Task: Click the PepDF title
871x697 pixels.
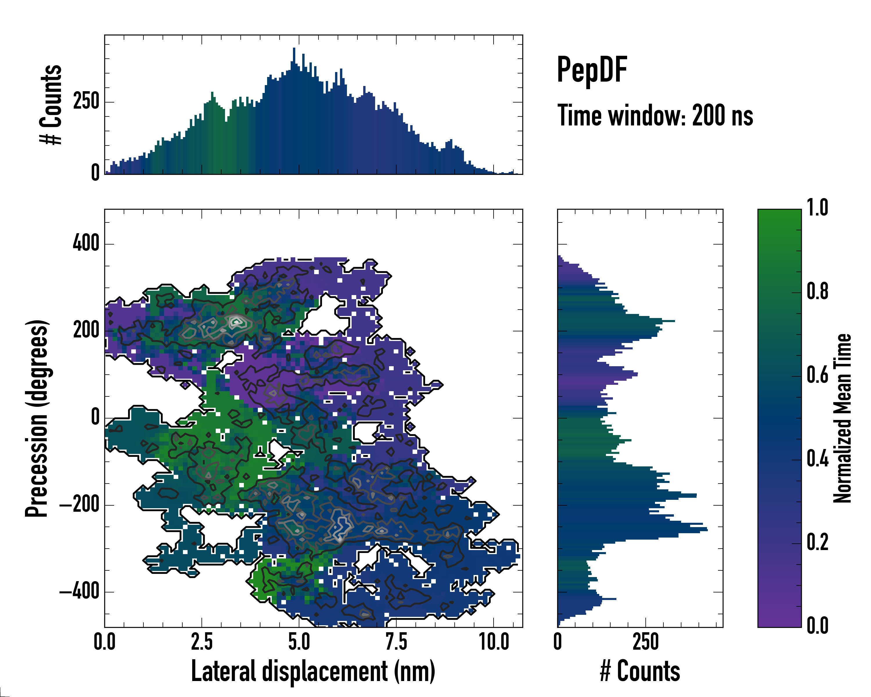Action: pyautogui.click(x=592, y=70)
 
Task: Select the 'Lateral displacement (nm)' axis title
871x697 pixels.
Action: pyautogui.click(x=313, y=671)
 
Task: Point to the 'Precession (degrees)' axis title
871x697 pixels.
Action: pyautogui.click(x=37, y=418)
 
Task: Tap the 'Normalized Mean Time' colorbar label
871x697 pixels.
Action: pyautogui.click(x=842, y=418)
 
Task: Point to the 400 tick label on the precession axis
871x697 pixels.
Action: pyautogui.click(x=86, y=244)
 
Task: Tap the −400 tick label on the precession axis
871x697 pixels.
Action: pyautogui.click(x=79, y=592)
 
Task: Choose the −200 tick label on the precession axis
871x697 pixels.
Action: pyautogui.click(x=79, y=505)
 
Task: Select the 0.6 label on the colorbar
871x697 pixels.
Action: pyautogui.click(x=817, y=375)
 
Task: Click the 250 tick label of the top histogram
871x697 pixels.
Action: pyautogui.click(x=86, y=101)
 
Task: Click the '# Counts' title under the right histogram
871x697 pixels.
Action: pyautogui.click(x=640, y=671)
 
